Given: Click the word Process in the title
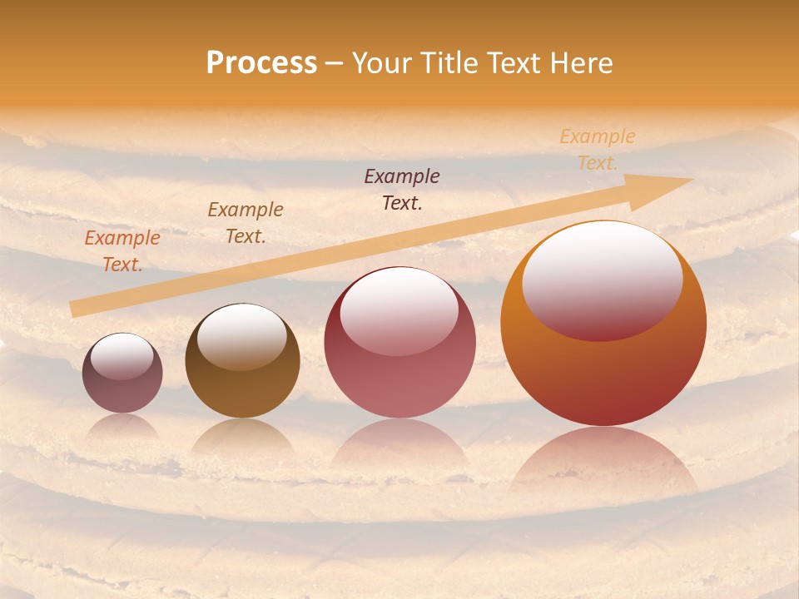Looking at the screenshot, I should point(261,63).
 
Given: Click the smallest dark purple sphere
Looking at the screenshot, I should point(122,373).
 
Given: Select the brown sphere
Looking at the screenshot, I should point(242,360).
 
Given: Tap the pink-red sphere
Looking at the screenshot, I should point(399,343).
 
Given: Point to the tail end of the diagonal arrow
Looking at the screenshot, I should point(75,309).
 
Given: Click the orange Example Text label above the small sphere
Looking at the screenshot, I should point(122,250).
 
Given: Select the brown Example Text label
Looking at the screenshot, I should point(246,222).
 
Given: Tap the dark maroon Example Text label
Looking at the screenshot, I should point(402,189).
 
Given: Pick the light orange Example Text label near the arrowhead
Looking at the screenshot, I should point(598,149).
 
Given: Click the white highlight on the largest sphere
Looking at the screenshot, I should point(602,279).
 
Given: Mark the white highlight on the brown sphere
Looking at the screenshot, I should point(241,334).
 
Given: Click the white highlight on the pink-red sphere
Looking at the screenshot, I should point(399,309).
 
